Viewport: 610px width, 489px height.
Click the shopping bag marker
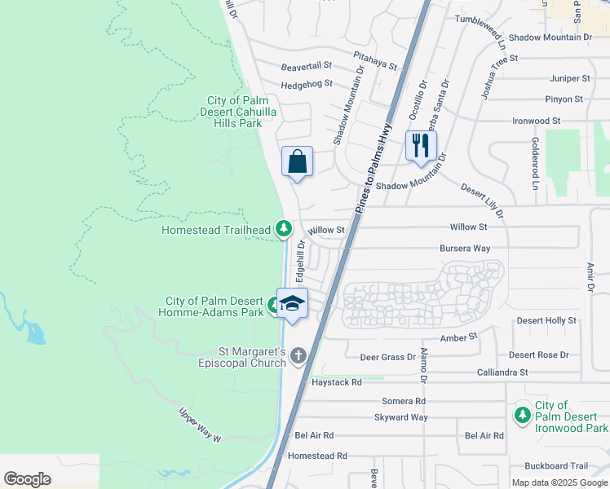click(298, 161)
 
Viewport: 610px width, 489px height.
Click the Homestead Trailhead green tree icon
click(283, 229)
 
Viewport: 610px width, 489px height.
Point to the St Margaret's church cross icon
click(298, 355)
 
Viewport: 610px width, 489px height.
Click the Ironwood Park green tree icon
click(523, 416)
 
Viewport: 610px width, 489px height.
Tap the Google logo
click(28, 478)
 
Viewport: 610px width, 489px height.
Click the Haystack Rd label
click(334, 381)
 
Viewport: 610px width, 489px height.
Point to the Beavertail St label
click(307, 65)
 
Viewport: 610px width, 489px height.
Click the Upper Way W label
click(200, 425)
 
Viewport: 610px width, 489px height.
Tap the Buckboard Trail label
click(557, 466)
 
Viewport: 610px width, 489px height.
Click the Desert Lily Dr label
click(482, 200)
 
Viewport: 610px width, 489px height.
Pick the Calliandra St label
click(502, 372)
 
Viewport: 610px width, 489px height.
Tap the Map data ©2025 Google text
click(559, 482)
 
